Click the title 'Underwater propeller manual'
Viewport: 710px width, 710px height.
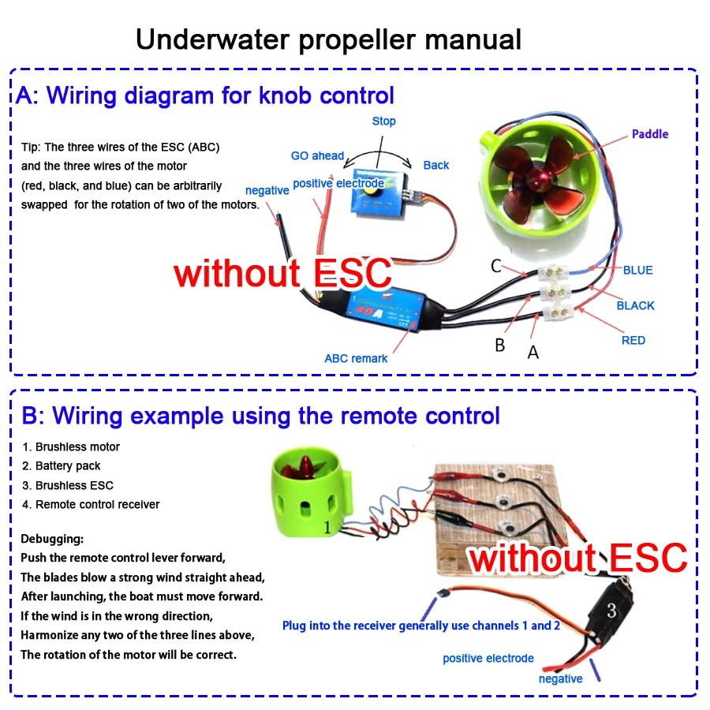[x=328, y=39]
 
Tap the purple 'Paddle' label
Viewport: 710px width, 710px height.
[x=650, y=134]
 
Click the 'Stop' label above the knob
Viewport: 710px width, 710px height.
[x=384, y=121]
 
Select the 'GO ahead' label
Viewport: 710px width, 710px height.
[x=317, y=155]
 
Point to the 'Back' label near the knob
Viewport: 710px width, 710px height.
[x=435, y=165]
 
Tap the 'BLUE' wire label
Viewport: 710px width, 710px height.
[x=637, y=270]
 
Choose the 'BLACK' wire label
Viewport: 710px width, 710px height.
[x=635, y=305]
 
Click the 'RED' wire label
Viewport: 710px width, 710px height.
[x=633, y=340]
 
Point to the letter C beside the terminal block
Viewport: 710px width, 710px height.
[x=495, y=266]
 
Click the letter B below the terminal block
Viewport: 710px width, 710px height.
[x=499, y=346]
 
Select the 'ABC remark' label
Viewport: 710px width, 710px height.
[x=356, y=358]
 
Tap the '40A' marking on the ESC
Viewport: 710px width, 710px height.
[x=365, y=311]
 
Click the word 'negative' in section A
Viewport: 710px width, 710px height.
[x=267, y=190]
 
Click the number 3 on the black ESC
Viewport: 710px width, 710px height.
[x=611, y=610]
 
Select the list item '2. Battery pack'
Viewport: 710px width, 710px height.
[x=61, y=466]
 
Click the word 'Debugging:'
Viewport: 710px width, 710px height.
[x=51, y=540]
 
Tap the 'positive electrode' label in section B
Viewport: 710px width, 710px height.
[x=488, y=658]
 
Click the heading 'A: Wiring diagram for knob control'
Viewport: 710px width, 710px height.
[x=205, y=95]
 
